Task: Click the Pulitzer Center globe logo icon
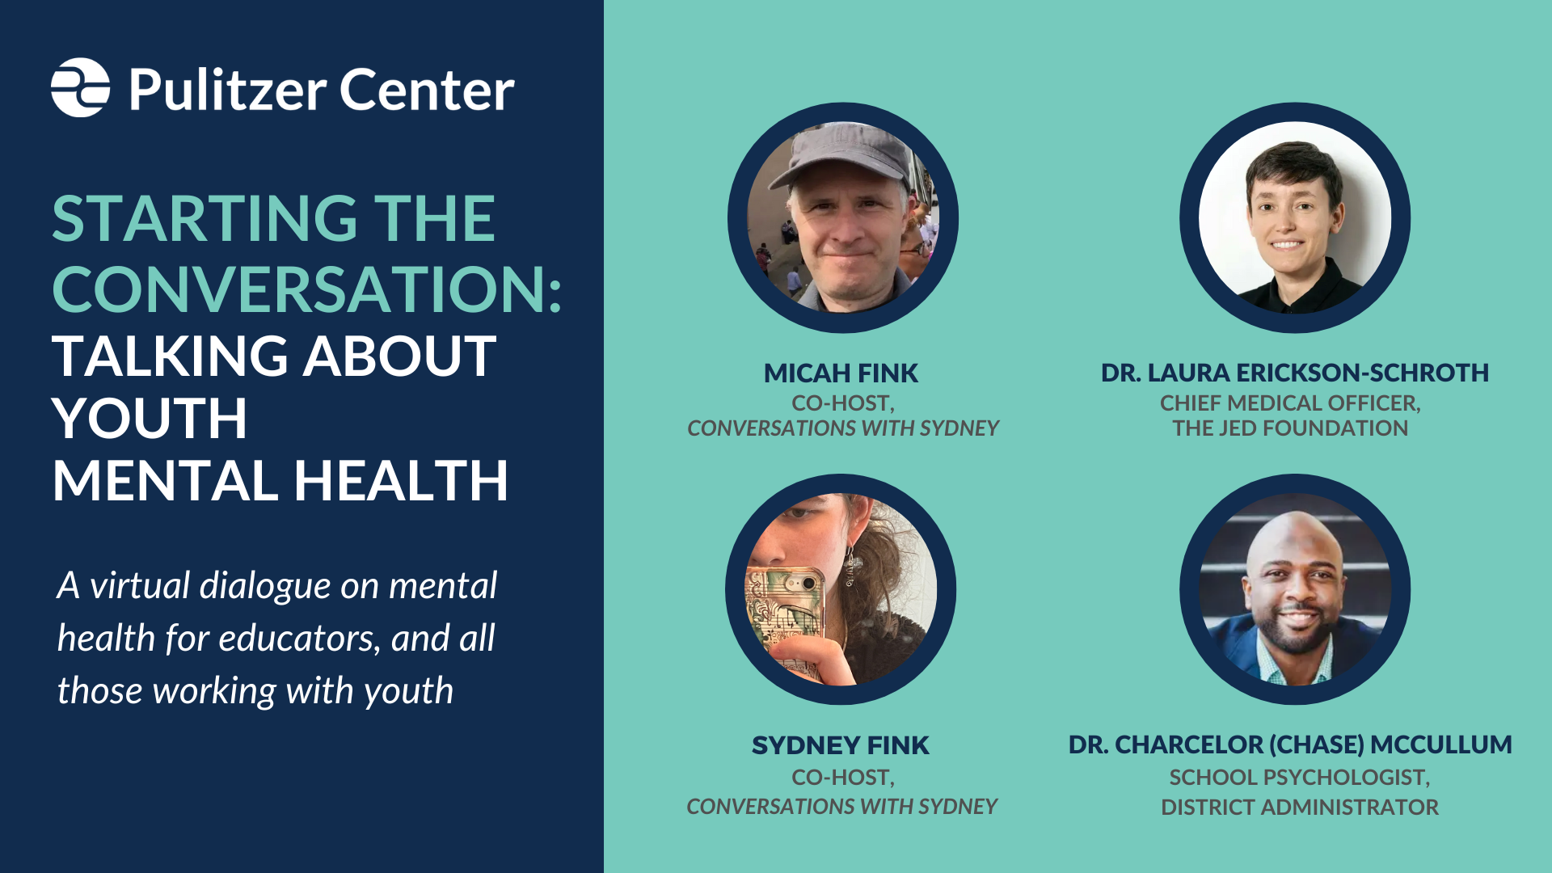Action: (x=80, y=87)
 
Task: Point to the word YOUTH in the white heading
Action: (x=150, y=418)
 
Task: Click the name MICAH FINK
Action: (x=841, y=373)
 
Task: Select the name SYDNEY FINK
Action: (x=841, y=744)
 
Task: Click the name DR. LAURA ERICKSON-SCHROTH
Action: (x=1294, y=373)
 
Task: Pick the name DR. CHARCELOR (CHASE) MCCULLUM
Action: (x=1290, y=744)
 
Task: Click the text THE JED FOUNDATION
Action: (x=1290, y=428)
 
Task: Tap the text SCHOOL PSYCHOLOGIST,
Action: (x=1299, y=777)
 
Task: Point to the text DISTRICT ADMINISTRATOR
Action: (x=1299, y=807)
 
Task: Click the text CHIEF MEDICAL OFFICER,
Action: (x=1290, y=403)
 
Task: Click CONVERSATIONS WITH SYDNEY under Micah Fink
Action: (x=842, y=428)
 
